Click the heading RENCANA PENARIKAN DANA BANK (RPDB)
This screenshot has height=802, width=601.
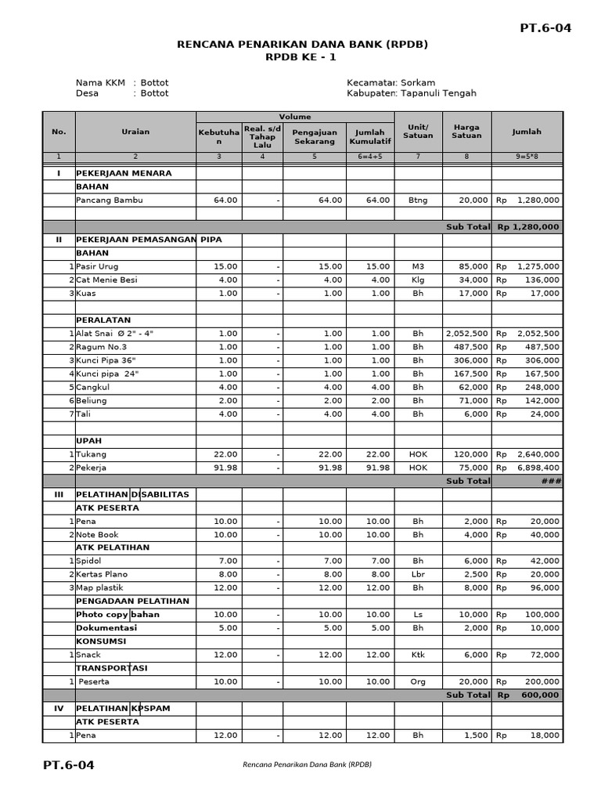[303, 45]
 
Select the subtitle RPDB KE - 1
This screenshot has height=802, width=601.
[303, 57]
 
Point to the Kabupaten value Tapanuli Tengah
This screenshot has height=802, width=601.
[438, 93]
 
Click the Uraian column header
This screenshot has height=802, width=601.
[135, 132]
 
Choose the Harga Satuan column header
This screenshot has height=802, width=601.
[466, 131]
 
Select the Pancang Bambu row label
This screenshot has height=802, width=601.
[110, 200]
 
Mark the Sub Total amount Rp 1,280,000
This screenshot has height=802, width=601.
[527, 226]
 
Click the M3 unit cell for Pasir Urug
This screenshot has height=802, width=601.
[418, 266]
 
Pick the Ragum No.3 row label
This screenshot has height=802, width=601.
[101, 347]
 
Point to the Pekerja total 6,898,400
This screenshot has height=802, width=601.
[538, 468]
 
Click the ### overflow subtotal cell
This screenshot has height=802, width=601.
[552, 481]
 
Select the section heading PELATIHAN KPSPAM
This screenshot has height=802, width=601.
[123, 708]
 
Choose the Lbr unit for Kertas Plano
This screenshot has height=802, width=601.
[418, 574]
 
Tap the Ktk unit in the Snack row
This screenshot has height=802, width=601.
[418, 654]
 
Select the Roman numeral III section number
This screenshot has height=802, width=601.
[59, 494]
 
